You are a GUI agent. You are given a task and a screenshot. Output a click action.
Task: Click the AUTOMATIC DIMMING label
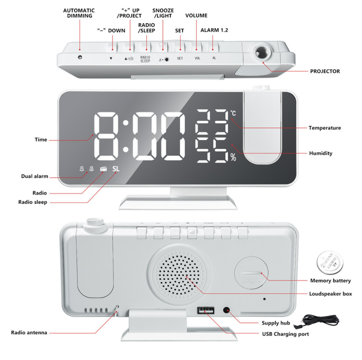pos(80,13)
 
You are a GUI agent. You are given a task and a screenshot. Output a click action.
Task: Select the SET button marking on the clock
pos(180,58)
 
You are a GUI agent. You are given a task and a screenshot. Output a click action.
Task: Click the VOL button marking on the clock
pos(197,58)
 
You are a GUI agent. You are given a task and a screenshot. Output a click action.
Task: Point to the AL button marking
pos(214,58)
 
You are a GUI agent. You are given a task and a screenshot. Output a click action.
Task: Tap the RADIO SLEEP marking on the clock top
pos(145,59)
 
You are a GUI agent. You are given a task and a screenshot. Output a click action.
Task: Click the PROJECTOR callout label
pos(325,71)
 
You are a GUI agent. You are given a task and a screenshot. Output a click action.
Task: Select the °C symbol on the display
pos(233,113)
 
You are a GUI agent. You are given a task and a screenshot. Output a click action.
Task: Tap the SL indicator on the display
pos(116,169)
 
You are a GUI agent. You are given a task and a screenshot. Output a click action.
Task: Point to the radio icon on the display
pos(103,169)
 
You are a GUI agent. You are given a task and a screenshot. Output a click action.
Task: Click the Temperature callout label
pos(324,128)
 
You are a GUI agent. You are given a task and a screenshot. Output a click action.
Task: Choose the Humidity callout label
pos(320,153)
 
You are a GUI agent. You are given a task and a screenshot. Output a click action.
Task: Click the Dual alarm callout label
pos(35,176)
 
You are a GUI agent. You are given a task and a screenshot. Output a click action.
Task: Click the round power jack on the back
pos(228,311)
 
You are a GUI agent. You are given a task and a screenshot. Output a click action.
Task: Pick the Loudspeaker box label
pos(330,294)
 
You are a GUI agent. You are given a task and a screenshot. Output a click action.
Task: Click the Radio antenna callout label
pos(29,333)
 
